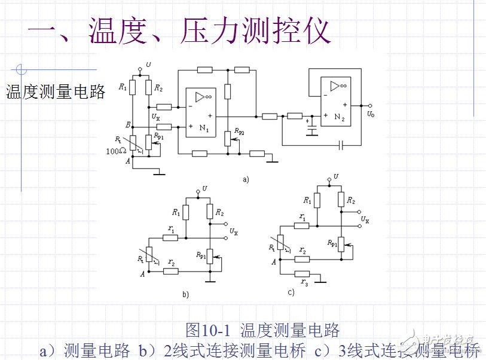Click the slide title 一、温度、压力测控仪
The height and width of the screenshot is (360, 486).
pos(179,30)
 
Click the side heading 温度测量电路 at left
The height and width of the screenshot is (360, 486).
pos(56,91)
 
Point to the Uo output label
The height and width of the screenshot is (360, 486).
pos(371,114)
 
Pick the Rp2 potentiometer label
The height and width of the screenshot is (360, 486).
pos(240,130)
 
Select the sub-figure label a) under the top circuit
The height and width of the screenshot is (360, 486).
pos(245,179)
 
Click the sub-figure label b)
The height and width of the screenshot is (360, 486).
pos(185,294)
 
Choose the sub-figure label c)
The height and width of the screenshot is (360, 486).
pos(291,292)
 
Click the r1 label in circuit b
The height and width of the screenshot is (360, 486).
pos(171,228)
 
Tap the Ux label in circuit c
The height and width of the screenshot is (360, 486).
pos(365,220)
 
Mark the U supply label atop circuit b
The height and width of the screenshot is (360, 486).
pos(205,188)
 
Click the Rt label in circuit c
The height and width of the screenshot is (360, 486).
pos(272,246)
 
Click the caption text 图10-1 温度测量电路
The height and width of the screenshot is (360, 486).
pos(262,329)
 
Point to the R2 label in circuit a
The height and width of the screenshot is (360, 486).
pos(158,88)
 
